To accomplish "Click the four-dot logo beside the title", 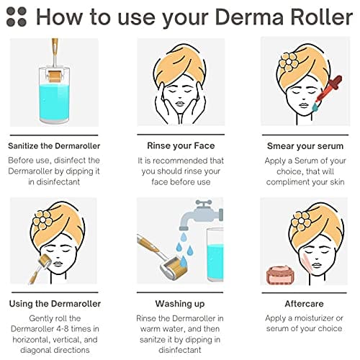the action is pos(17,17).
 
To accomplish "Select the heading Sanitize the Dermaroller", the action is pos(54,146).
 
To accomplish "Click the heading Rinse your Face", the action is pos(181,145).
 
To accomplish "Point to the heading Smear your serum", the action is pos(305,146).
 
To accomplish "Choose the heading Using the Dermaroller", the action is pos(55,304).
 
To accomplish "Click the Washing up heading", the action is pos(180,304).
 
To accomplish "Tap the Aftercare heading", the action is pos(304,304).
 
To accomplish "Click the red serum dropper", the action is pos(328,89).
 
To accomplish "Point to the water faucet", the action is pos(202,215).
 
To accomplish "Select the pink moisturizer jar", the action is pos(281,275).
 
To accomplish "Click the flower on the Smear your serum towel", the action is pos(289,62).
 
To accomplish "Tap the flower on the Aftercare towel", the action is pos(301,221).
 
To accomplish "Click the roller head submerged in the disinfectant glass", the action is pos(55,76).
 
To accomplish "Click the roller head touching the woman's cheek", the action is pos(45,261).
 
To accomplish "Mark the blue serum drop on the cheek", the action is pos(315,107).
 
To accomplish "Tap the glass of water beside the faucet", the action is pos(215,255).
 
